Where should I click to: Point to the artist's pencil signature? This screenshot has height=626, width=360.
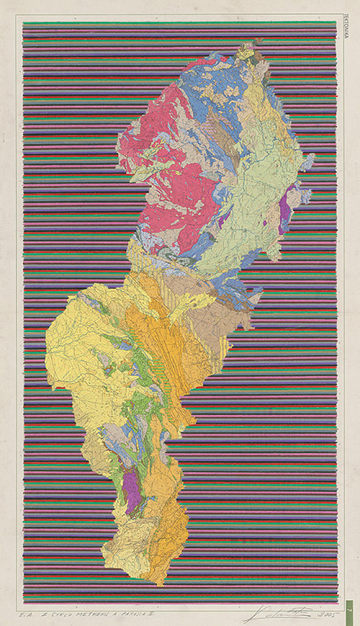coord(277,613)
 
